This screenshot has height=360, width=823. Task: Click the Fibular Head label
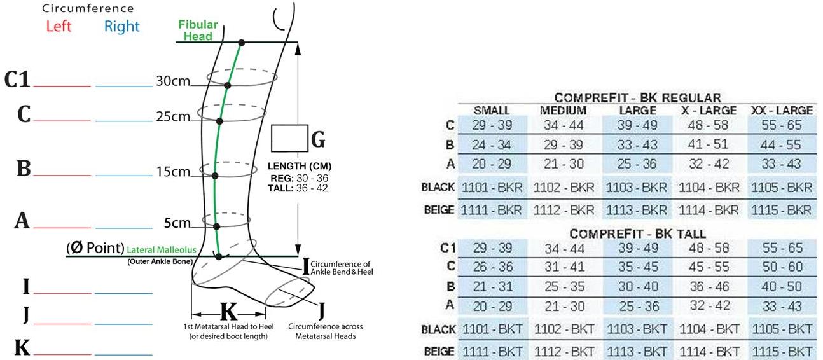pos(198,31)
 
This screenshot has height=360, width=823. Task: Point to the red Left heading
pos(59,27)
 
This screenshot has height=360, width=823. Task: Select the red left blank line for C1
pos(62,85)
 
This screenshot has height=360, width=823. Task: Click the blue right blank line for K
pos(123,354)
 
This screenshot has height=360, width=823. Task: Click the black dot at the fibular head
pos(241,43)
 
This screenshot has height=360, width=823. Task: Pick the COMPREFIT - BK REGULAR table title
pos(637,98)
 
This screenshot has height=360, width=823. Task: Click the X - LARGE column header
pos(709,110)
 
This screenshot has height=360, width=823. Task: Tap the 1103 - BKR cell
pos(637,188)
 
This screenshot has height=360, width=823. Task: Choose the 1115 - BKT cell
pos(782,350)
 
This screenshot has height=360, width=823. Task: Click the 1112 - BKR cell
pos(564,210)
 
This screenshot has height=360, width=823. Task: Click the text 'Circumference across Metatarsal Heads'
pos(325,331)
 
